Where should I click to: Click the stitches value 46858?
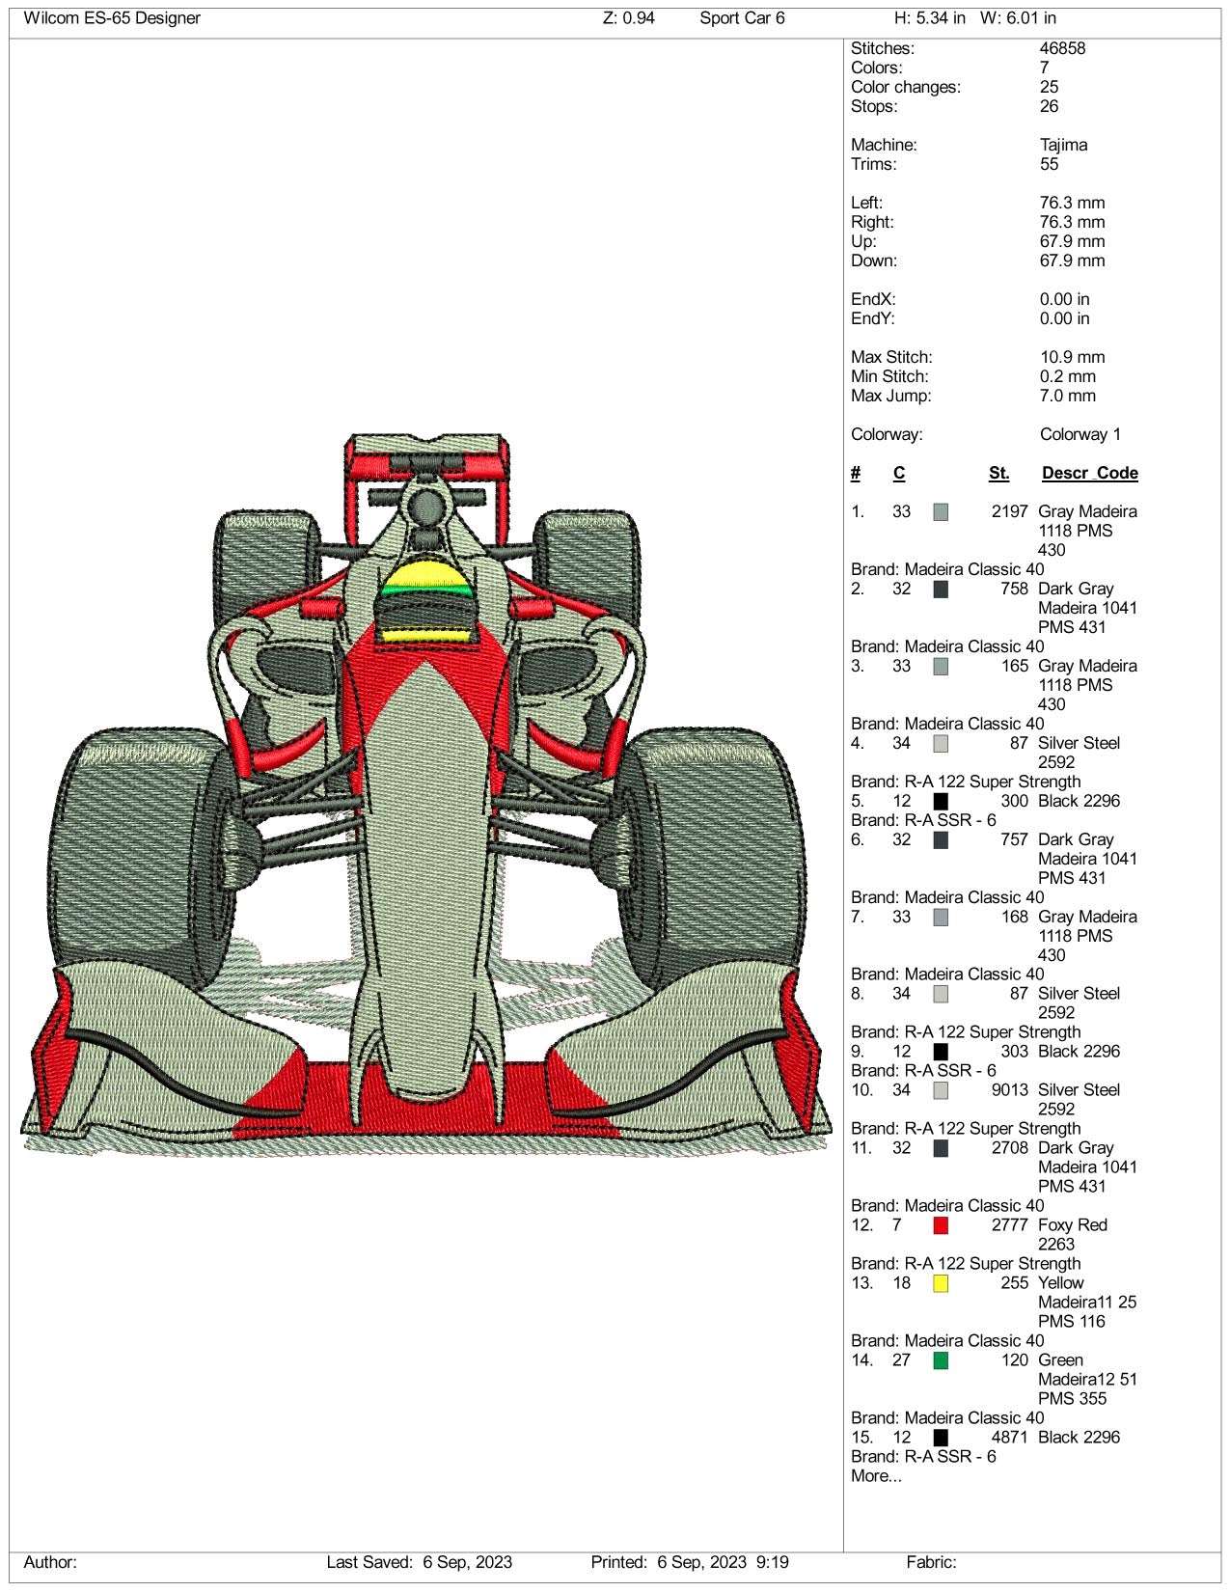pos(1062,48)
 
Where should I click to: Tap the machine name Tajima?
pos(1063,145)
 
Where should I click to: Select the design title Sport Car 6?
pos(741,18)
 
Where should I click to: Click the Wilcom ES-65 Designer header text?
pos(112,18)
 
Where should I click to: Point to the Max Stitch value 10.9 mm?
pos(1072,358)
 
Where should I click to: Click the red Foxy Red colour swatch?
pos(941,1225)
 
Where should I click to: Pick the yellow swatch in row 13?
pos(941,1283)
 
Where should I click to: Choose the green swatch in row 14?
pos(941,1360)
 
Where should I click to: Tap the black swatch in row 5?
pos(941,802)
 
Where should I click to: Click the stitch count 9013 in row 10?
pos(1009,1090)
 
